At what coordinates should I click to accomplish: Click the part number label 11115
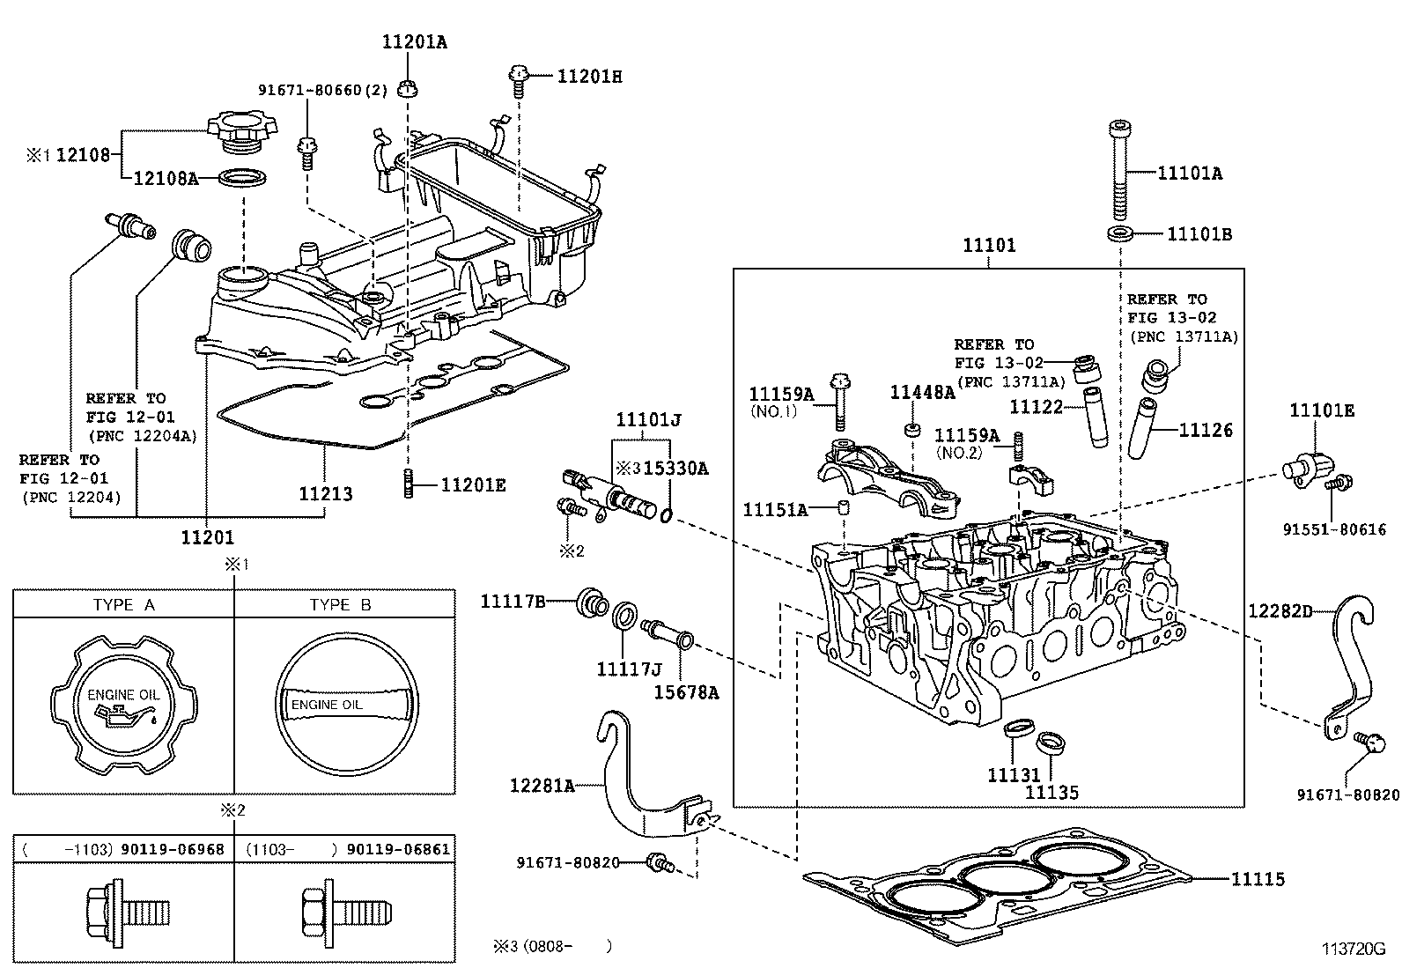click(x=1257, y=879)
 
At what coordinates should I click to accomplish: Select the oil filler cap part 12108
click(x=236, y=132)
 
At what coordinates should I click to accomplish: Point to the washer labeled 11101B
click(x=1120, y=234)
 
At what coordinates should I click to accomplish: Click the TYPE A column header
click(x=123, y=604)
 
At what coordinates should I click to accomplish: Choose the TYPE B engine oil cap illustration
click(x=344, y=704)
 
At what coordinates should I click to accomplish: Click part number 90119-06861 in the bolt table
click(x=398, y=849)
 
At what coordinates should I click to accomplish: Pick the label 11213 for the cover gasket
click(x=325, y=493)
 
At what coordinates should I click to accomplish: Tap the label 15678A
click(x=686, y=692)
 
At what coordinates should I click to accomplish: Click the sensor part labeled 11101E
click(x=1304, y=466)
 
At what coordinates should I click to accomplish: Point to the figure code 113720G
click(x=1354, y=949)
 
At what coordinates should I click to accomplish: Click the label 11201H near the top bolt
click(x=589, y=77)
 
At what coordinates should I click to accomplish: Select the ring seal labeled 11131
click(x=1017, y=730)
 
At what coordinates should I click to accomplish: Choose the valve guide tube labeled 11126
click(x=1146, y=429)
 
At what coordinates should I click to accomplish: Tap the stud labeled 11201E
click(x=409, y=484)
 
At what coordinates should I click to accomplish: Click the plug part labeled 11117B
click(x=590, y=602)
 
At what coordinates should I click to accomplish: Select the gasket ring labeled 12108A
click(x=242, y=178)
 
